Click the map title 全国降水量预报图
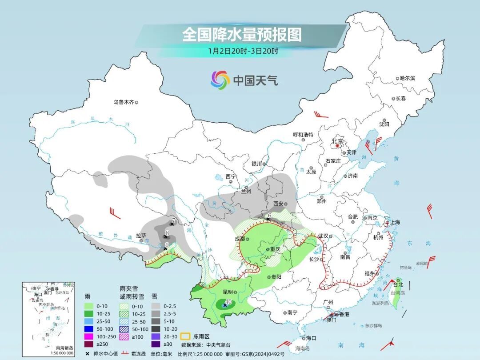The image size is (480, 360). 242,35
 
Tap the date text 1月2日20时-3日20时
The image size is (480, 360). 243,51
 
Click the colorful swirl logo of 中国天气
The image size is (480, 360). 220,80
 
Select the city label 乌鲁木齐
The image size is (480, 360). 123,102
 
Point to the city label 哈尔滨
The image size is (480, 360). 407,78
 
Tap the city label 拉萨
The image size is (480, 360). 141,236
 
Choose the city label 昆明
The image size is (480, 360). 229,292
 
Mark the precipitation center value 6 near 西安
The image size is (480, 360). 269,216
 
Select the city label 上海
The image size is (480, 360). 394,222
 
